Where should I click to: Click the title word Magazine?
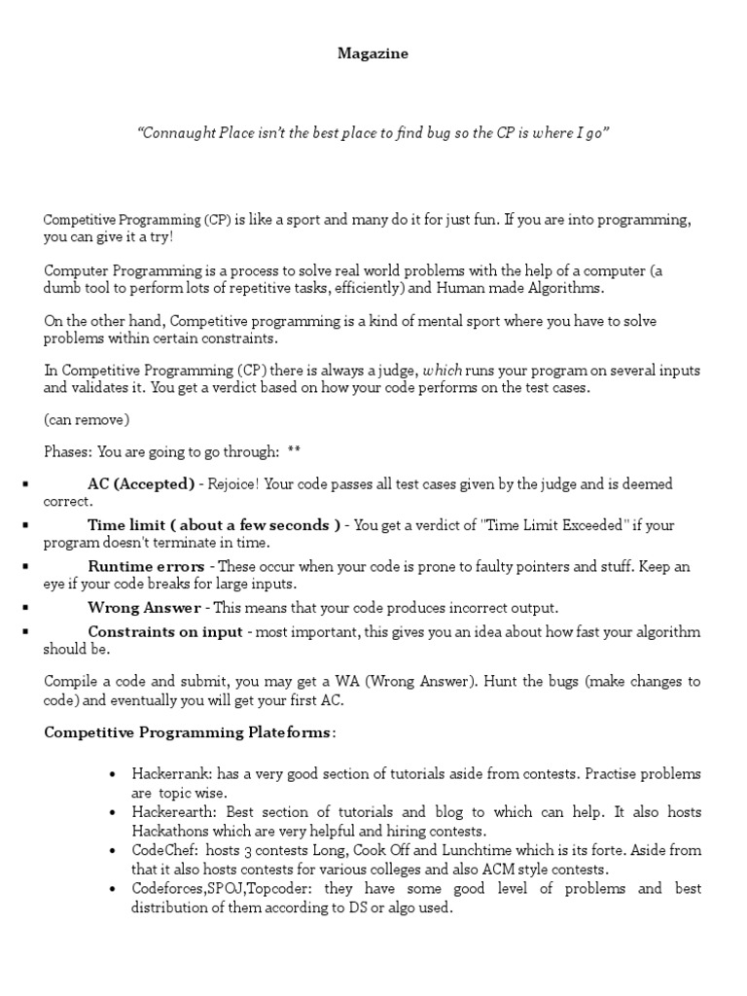pos(373,54)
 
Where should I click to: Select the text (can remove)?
pos(87,420)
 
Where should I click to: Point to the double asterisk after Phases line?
pos(295,451)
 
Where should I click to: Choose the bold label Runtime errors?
pos(146,566)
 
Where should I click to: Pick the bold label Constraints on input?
pos(165,632)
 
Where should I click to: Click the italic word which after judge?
pos(443,372)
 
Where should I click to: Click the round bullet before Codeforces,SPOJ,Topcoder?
pos(113,889)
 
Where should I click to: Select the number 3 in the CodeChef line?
pos(244,850)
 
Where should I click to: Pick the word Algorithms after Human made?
pos(567,288)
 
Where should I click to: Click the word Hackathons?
pos(170,832)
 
